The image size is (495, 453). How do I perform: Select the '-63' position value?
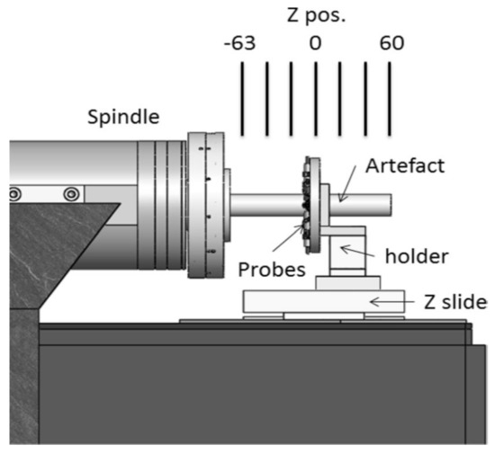[x=241, y=42]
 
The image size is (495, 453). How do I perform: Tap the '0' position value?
[x=315, y=42]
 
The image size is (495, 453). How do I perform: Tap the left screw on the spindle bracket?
[x=14, y=194]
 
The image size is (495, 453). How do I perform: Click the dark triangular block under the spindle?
[x=54, y=261]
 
